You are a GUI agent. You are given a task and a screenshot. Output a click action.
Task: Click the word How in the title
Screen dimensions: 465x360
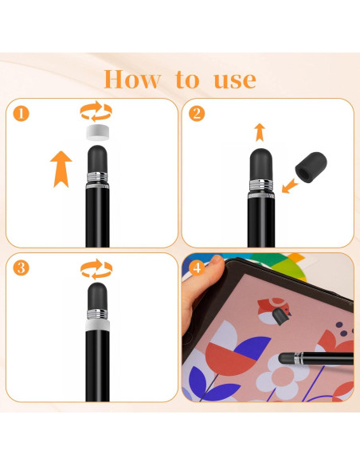[x=134, y=79]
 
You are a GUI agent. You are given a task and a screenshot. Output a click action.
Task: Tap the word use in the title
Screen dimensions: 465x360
[x=234, y=80]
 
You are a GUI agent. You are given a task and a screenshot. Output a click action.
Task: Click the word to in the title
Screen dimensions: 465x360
[x=188, y=80]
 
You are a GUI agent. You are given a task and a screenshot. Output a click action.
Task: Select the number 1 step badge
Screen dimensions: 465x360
[x=22, y=114]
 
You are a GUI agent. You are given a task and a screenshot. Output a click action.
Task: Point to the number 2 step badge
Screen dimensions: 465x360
[x=196, y=114]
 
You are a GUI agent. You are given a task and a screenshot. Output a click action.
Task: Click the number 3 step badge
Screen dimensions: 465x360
[x=22, y=268]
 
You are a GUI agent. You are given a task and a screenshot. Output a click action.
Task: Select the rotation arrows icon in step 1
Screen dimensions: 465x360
[x=96, y=111]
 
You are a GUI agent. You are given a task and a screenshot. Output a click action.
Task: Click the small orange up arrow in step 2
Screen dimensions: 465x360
[x=259, y=131]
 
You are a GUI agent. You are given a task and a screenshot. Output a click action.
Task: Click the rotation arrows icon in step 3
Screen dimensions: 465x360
[x=96, y=267]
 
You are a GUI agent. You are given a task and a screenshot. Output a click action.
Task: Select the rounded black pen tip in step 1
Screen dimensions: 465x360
[x=96, y=155]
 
